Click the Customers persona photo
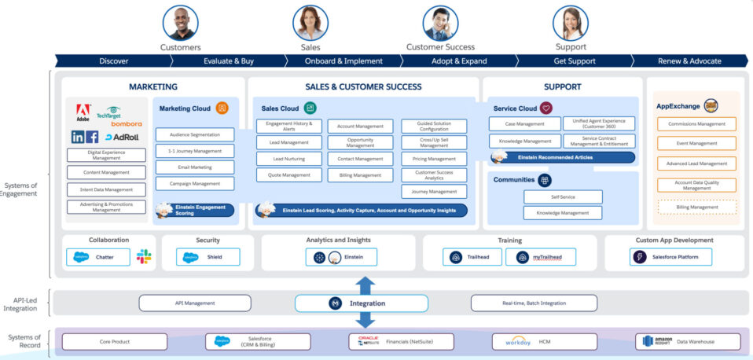tap(180, 23)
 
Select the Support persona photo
tap(571, 23)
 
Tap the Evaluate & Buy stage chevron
tap(228, 61)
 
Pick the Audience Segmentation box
tap(194, 134)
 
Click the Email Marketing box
tap(194, 167)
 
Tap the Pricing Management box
tap(434, 159)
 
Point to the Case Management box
tap(524, 123)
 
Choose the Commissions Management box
tap(696, 123)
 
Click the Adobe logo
tap(83, 112)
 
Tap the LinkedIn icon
tap(78, 137)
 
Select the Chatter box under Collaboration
tap(98, 256)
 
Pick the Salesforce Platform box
tap(670, 256)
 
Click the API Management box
tap(194, 303)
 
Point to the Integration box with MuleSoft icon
tap(361, 303)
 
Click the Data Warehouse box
tap(688, 341)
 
